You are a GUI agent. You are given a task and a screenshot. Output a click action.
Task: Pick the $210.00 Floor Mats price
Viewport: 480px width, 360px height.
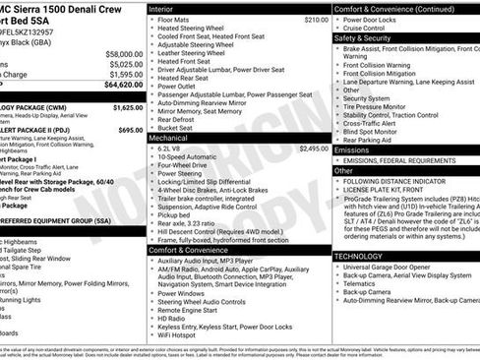(316, 19)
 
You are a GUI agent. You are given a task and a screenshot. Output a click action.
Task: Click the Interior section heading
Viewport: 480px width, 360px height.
(160, 8)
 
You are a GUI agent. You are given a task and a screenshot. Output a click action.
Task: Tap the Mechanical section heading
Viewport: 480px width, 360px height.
(169, 138)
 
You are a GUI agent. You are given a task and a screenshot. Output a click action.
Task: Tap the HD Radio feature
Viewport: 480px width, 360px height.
(170, 319)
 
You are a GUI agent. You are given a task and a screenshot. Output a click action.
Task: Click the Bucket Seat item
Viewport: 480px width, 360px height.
(174, 127)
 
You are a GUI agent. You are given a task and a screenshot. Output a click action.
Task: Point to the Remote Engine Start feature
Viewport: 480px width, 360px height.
(188, 310)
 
